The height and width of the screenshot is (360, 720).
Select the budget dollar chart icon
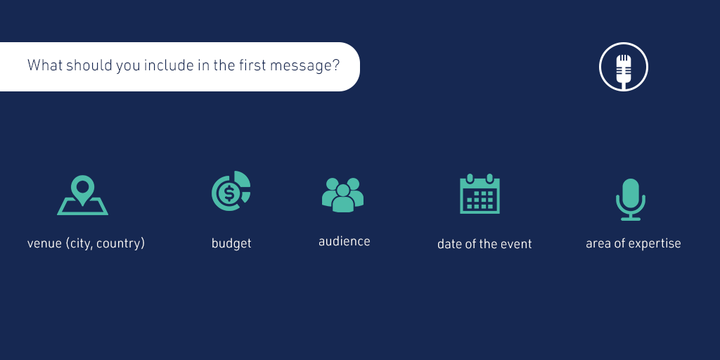tap(231, 191)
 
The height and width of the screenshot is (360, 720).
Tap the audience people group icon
tap(342, 195)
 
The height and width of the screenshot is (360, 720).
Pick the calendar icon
tap(480, 194)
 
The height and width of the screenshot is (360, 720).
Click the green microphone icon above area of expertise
tap(631, 199)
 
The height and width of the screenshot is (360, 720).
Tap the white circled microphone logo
tap(624, 67)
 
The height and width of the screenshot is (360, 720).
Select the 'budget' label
tap(231, 243)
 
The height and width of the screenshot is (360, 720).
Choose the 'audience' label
tap(345, 242)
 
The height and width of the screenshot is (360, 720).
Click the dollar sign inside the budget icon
tap(229, 194)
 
